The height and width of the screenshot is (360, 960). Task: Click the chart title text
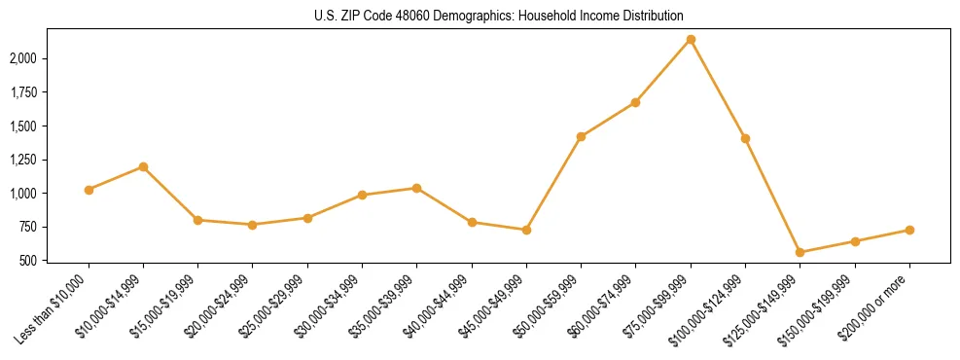pyautogui.click(x=499, y=17)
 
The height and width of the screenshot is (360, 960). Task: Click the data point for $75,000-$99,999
pyautogui.click(x=691, y=40)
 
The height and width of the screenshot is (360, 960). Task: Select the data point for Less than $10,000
pyautogui.click(x=89, y=190)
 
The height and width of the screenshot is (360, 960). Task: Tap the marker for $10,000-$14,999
pyautogui.click(x=144, y=166)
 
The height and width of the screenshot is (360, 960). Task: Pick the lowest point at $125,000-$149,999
pyautogui.click(x=800, y=252)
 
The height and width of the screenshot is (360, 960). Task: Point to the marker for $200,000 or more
pyautogui.click(x=909, y=230)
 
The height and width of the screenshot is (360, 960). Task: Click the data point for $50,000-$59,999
pyautogui.click(x=581, y=136)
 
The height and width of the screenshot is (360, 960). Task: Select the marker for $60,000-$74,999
pyautogui.click(x=636, y=102)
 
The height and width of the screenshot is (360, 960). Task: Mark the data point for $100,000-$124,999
pyautogui.click(x=745, y=138)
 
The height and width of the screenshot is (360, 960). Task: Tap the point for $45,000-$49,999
pyautogui.click(x=526, y=230)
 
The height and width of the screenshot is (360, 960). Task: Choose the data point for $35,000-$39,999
pyautogui.click(x=417, y=188)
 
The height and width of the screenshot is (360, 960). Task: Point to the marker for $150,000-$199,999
pyautogui.click(x=855, y=241)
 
